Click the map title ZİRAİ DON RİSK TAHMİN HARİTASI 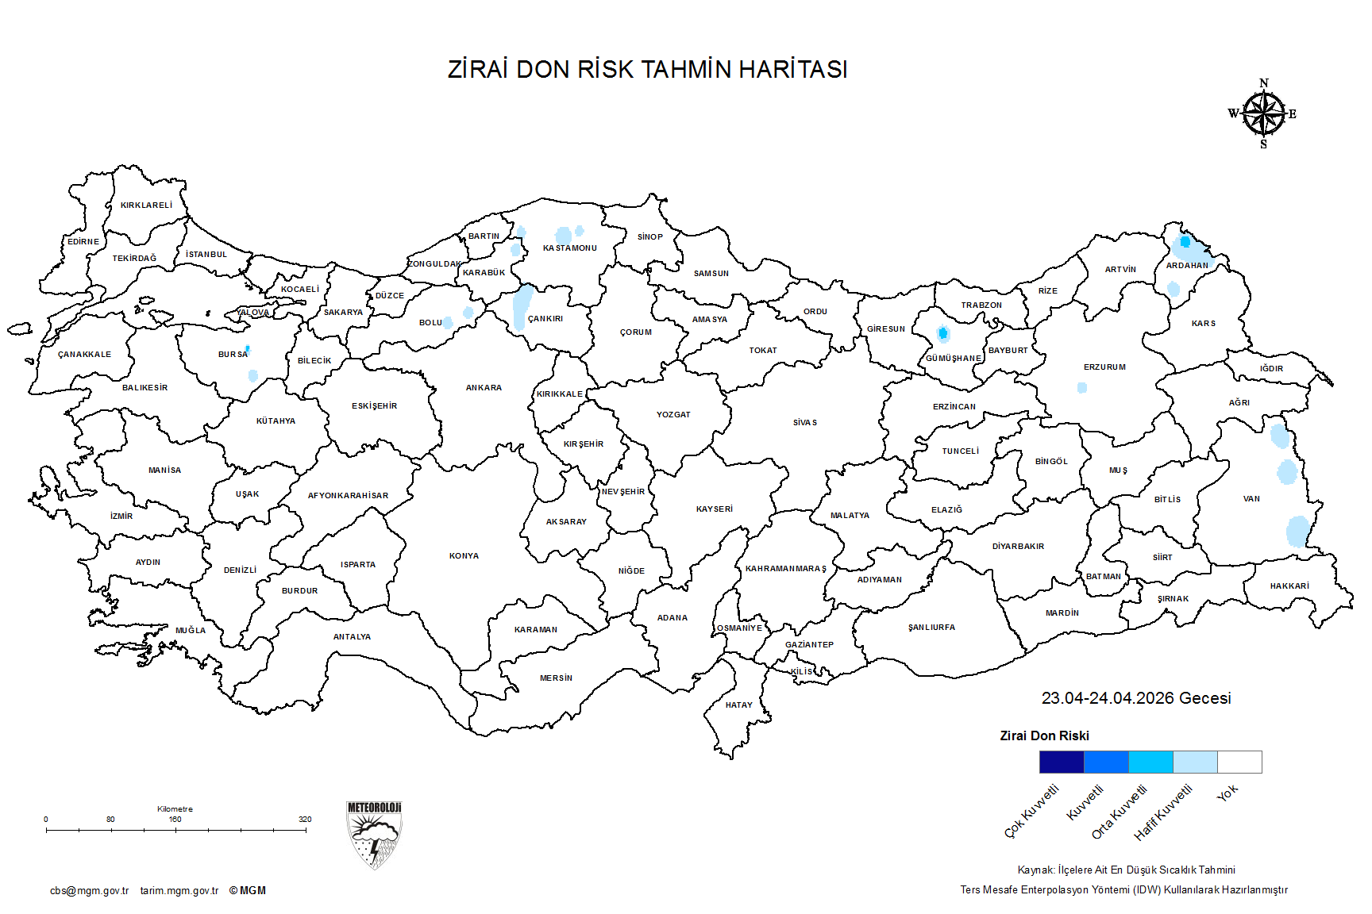[x=647, y=70]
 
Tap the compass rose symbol [x=1263, y=114]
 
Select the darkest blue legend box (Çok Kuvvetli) [x=1061, y=762]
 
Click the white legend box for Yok [x=1239, y=762]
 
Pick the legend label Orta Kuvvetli [x=1120, y=812]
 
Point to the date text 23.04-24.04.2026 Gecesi [x=1135, y=698]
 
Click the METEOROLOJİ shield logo [x=374, y=835]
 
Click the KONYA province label [x=464, y=556]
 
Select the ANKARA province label [x=484, y=388]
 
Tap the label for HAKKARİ [x=1289, y=586]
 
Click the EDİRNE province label [x=83, y=242]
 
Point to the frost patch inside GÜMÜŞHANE [x=942, y=333]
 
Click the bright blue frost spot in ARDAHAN [x=1185, y=241]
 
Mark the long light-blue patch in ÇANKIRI [x=522, y=307]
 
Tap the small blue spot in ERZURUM [x=1081, y=388]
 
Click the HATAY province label [x=738, y=705]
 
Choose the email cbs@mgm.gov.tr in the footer [x=89, y=891]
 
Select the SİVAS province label [x=804, y=423]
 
